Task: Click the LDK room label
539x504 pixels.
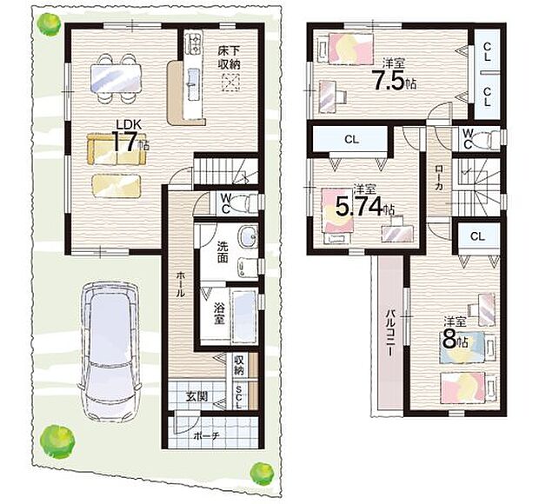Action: point(129,124)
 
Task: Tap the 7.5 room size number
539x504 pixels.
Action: point(389,81)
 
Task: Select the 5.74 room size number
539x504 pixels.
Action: point(359,207)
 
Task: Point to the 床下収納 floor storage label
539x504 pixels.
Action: point(229,57)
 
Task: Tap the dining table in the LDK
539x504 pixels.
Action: point(116,79)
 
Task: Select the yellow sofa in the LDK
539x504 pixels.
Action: point(116,149)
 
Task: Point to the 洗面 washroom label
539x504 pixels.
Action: point(222,252)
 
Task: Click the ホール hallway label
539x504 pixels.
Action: point(180,284)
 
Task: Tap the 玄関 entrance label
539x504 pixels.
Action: point(196,396)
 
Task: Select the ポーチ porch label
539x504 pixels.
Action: point(206,436)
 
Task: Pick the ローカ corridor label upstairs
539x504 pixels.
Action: point(439,177)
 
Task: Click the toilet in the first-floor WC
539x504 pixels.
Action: point(245,203)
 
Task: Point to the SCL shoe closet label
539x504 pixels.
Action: point(239,396)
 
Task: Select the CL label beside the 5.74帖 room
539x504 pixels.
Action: point(352,139)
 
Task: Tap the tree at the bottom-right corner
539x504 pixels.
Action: point(262,474)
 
